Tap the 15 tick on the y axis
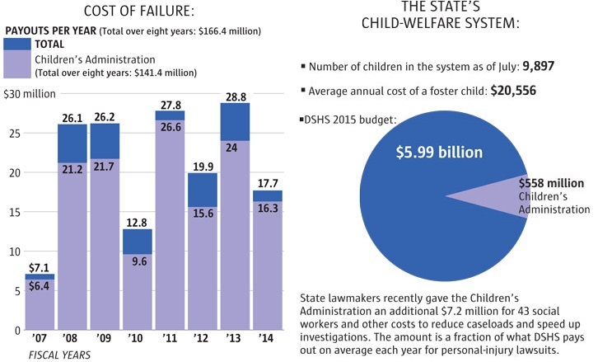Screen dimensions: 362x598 coord(11,212)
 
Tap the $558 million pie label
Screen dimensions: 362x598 coord(551,183)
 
